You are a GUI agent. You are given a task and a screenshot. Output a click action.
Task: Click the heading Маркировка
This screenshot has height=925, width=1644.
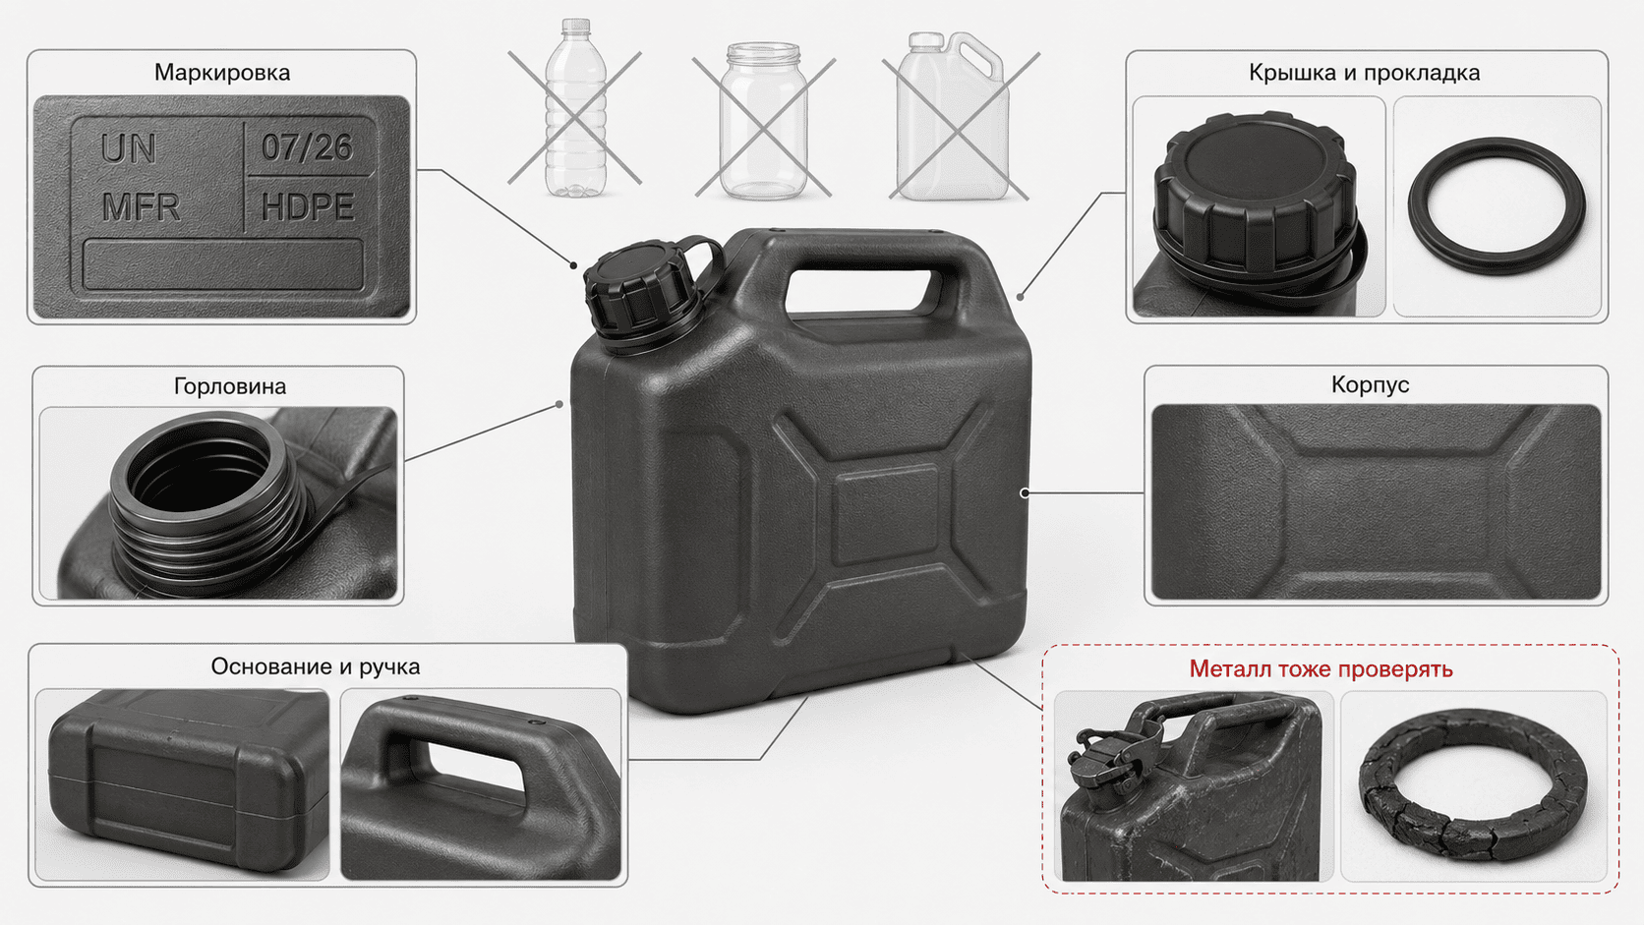(x=221, y=73)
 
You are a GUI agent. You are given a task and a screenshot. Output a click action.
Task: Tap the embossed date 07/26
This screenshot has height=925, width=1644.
(x=308, y=147)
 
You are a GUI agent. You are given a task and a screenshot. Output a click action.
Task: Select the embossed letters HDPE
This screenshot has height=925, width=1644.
(x=309, y=206)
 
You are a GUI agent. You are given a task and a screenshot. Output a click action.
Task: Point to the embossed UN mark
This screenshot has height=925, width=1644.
(x=129, y=148)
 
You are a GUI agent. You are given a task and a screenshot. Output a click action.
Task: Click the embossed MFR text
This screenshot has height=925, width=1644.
(x=141, y=207)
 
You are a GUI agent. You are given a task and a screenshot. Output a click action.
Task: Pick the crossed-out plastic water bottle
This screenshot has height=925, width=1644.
(x=576, y=108)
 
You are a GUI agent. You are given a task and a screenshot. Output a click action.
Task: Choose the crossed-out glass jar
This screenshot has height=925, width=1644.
(x=763, y=121)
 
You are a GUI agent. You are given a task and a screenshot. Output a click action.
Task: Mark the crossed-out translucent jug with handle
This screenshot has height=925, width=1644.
(x=952, y=116)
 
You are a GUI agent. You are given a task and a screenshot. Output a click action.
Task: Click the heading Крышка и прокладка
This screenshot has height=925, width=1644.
(x=1365, y=73)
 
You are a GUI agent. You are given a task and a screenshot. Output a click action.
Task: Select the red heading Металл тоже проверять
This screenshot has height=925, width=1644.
(x=1321, y=669)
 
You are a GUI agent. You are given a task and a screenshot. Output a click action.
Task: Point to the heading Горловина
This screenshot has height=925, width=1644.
(x=230, y=386)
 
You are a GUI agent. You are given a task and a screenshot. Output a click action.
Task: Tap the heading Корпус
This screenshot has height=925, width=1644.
(x=1371, y=384)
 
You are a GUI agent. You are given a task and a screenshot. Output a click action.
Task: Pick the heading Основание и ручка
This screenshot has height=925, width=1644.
(x=316, y=666)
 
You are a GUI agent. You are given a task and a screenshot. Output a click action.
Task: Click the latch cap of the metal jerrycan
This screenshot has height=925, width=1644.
(x=1108, y=763)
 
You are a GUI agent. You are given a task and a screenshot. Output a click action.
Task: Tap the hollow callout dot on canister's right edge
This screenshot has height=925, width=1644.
(x=1025, y=492)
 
